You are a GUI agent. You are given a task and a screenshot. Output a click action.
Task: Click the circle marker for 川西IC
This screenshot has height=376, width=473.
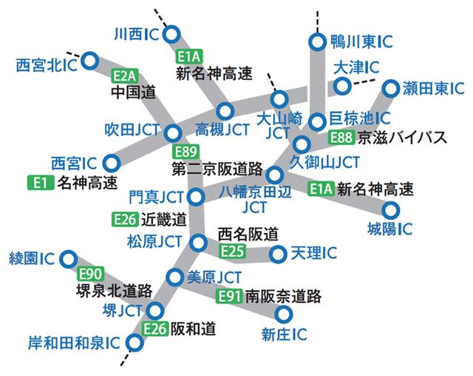(x=173, y=33)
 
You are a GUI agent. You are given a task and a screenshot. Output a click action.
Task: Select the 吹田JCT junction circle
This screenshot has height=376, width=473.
(x=173, y=133)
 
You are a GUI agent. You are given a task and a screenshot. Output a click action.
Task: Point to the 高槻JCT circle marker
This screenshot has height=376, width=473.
(x=225, y=112)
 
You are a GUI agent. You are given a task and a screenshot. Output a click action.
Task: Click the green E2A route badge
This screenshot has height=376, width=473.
(x=123, y=75)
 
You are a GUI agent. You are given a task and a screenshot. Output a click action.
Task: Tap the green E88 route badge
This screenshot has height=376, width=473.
(x=340, y=137)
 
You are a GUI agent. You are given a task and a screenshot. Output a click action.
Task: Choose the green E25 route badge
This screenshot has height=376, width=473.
(x=232, y=251)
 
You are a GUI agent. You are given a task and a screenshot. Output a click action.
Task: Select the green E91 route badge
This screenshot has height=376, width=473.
(x=231, y=297)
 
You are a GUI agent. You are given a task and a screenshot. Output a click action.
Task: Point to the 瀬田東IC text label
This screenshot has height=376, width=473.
(x=430, y=89)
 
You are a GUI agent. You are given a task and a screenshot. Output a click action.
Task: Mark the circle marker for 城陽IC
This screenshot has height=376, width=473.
(x=389, y=209)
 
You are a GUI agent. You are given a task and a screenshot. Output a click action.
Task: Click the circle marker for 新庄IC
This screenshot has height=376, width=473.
(x=283, y=315)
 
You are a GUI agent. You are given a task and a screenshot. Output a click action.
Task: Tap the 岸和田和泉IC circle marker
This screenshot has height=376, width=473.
(x=135, y=343)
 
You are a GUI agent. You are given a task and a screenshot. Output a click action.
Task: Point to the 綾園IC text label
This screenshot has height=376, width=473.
(x=32, y=258)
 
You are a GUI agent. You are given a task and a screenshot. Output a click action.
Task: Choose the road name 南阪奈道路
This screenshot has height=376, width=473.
(x=284, y=297)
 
